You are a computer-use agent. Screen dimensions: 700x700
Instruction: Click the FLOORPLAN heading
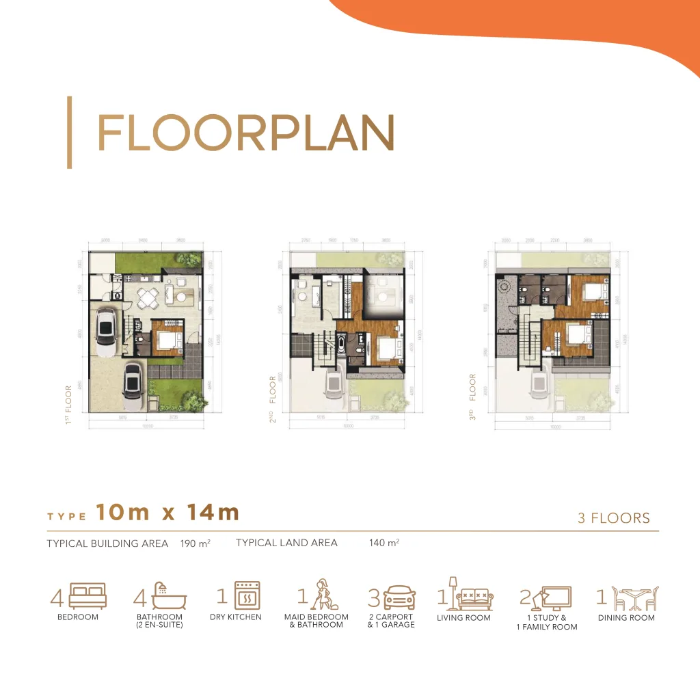(246, 133)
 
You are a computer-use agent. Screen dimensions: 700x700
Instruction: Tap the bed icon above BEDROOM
(87, 596)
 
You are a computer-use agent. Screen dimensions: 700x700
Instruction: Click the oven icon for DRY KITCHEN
(247, 595)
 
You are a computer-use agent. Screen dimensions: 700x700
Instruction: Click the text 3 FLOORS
(614, 517)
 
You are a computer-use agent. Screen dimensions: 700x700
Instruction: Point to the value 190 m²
(195, 544)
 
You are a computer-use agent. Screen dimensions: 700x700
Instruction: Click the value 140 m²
(383, 543)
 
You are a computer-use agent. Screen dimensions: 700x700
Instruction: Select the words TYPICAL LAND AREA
(286, 543)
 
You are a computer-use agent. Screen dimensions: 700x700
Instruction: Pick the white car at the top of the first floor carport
(107, 332)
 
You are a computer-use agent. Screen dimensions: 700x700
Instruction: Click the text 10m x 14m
(167, 513)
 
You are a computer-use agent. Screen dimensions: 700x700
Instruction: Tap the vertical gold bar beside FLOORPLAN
(69, 133)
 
